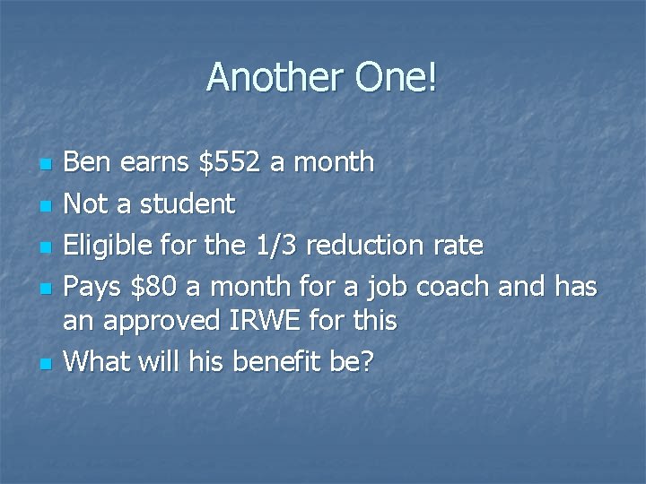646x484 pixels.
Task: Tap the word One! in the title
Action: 397,78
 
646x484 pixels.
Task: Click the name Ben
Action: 88,162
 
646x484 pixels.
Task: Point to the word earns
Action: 154,162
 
